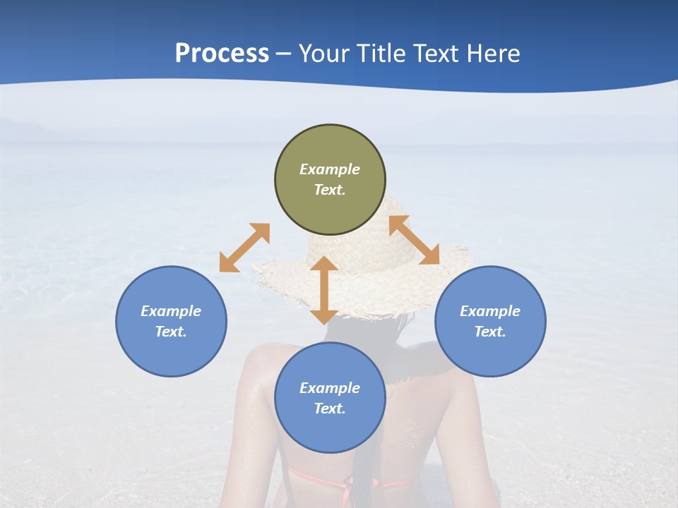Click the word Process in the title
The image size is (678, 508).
[x=222, y=54]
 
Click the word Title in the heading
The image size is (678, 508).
[x=379, y=54]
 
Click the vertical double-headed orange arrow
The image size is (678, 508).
[x=324, y=290]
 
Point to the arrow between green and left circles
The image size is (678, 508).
[x=244, y=248]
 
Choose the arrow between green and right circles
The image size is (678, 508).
[x=414, y=240]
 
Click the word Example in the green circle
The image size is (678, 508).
[x=330, y=169]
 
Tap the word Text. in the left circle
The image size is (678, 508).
[x=171, y=332]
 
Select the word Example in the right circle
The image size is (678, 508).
[x=490, y=311]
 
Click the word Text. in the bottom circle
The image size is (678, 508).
[x=330, y=409]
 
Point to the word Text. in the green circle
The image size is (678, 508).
[x=330, y=190]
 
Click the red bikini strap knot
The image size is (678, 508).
[x=347, y=485]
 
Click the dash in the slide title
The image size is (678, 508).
[x=283, y=54]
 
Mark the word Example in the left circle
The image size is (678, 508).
[x=171, y=311]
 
